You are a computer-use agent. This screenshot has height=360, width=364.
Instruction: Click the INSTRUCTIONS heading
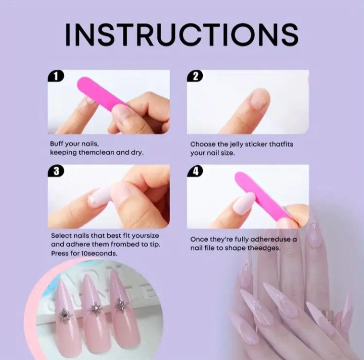pos(181,34)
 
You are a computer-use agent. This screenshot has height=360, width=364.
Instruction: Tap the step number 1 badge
pos(56,76)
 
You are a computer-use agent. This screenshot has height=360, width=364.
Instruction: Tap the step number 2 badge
pos(195,76)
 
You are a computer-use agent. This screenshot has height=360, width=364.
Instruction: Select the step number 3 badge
pos(56,171)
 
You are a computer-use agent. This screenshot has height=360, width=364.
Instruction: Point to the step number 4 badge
pos(195,171)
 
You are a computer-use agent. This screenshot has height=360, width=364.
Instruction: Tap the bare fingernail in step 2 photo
pos(260,99)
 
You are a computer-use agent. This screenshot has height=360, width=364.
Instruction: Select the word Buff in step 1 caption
pos(57,144)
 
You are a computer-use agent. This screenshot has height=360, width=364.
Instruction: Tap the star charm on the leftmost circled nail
pos(65,314)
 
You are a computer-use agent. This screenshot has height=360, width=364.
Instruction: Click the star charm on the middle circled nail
pos(96,308)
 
